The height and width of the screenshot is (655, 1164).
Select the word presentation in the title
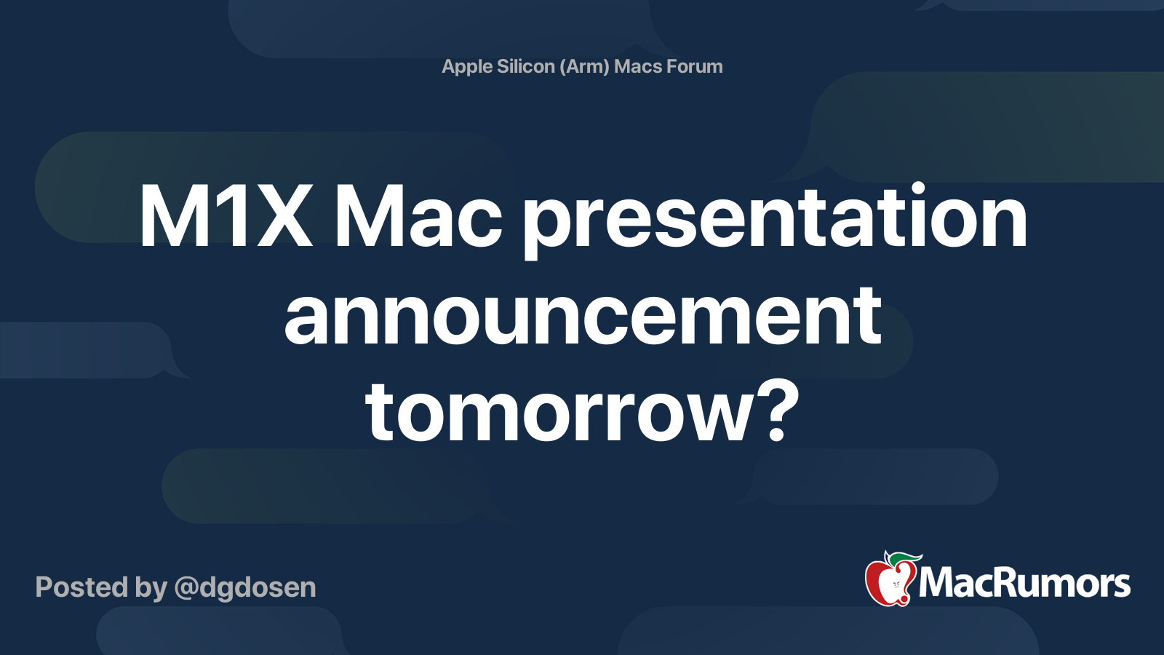(775, 221)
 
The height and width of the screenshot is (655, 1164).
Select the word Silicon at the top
(526, 66)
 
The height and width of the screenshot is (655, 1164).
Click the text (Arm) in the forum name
(584, 66)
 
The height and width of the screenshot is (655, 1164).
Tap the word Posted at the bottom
(82, 587)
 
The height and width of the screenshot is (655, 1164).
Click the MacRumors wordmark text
(1024, 583)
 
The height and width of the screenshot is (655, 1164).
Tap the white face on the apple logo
(896, 585)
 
